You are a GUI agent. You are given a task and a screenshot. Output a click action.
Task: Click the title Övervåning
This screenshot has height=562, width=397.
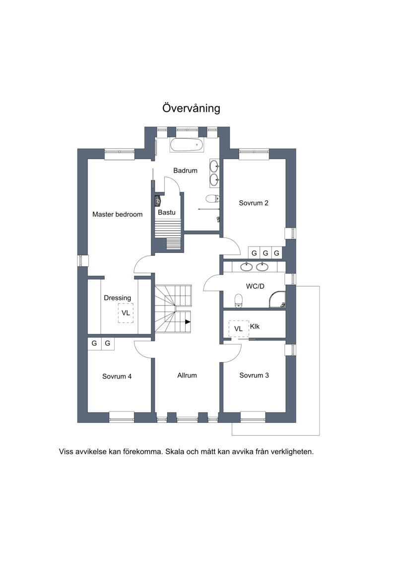(x=191, y=108)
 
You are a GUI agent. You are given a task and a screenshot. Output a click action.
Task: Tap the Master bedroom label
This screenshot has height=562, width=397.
(x=118, y=214)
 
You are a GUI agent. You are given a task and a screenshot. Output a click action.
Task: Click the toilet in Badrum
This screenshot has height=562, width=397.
(x=212, y=199)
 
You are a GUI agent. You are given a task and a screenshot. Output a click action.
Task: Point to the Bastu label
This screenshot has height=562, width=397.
(x=167, y=213)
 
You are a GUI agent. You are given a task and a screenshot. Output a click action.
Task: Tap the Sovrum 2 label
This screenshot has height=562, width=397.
(x=254, y=203)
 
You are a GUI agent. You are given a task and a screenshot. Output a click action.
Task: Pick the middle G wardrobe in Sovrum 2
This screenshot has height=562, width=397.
(x=265, y=253)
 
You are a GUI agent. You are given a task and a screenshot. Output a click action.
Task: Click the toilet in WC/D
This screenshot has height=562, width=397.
(x=238, y=301)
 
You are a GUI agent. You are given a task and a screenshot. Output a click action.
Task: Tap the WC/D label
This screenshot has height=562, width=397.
(x=255, y=286)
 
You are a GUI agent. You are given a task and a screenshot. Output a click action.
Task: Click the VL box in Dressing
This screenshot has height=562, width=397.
(x=126, y=313)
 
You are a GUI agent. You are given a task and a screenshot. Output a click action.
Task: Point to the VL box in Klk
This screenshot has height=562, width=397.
(x=238, y=328)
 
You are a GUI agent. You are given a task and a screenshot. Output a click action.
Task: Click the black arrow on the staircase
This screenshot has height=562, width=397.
(x=188, y=321)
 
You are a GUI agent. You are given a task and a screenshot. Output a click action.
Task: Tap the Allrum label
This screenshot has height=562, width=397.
(x=187, y=375)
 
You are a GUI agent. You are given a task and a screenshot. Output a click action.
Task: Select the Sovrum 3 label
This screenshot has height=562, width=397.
(x=254, y=375)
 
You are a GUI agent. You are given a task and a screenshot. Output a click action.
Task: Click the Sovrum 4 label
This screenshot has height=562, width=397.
(x=117, y=376)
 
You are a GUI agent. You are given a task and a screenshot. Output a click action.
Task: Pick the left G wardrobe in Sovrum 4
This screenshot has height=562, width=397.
(x=94, y=343)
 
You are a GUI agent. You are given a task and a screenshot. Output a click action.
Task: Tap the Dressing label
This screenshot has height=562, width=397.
(x=118, y=298)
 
